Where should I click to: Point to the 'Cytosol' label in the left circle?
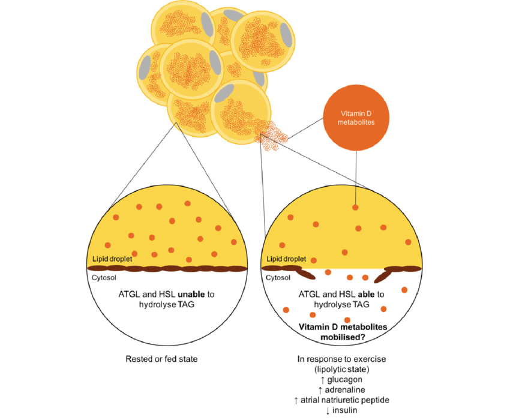click(103, 278)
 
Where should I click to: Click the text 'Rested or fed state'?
click(161, 359)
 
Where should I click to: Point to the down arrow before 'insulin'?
click(328, 410)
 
